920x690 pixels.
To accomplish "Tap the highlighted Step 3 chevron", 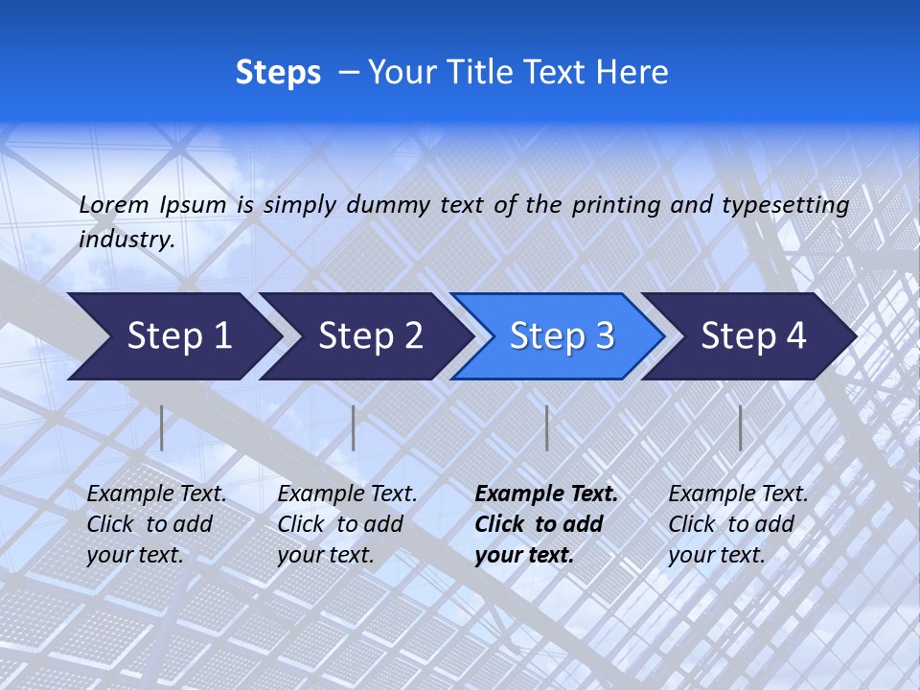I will pos(562,336).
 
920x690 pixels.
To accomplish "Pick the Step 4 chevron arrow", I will pos(753,336).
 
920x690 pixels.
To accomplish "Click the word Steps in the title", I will pos(278,73).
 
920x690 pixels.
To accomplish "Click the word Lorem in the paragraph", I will pos(114,204).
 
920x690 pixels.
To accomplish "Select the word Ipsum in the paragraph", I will pos(194,204).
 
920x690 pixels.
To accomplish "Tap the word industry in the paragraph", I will pos(126,240).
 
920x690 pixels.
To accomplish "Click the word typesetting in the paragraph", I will pos(785,205).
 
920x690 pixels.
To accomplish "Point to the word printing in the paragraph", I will pos(611,205).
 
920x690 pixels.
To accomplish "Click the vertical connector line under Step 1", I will pos(162,427).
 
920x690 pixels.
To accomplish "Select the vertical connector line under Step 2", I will pos(354,427).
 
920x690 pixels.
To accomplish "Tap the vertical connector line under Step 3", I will pos(546,427).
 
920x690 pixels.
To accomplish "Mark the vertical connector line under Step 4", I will pos(740,427).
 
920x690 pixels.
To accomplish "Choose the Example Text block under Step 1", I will pos(156,524).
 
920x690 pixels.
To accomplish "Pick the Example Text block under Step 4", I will pos(738,524).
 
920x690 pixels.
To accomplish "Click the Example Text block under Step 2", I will pos(347,524).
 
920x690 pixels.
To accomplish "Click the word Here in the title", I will pos(632,73).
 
